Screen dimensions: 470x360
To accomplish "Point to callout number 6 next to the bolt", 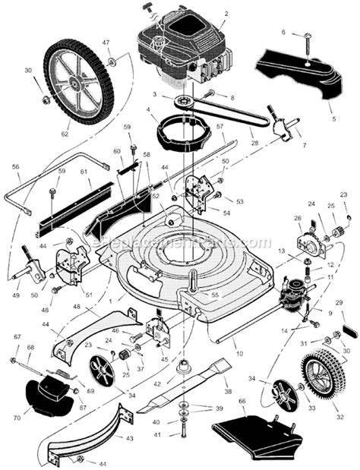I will [283, 32].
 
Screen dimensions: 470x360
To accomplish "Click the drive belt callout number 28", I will [253, 143].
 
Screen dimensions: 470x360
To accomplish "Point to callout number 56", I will [16, 166].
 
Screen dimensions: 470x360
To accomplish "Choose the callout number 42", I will [157, 385].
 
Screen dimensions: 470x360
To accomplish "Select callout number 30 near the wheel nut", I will [28, 70].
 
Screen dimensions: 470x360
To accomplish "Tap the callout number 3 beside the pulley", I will [154, 95].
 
